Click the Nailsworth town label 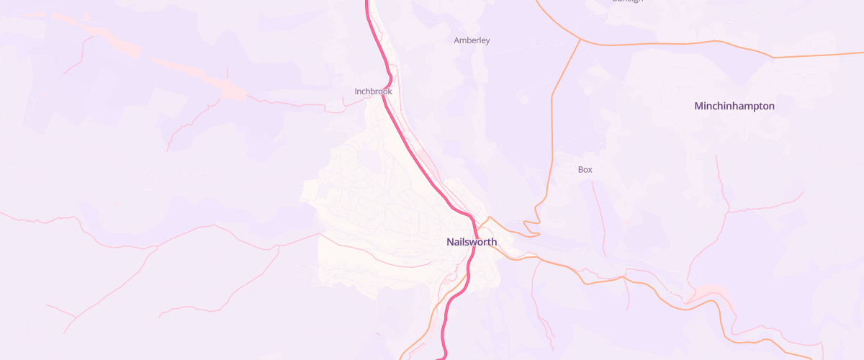(x=472, y=242)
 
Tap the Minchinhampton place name (x=734, y=106)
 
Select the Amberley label (x=472, y=40)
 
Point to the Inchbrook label (x=373, y=91)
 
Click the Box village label (x=585, y=169)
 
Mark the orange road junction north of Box (x=580, y=40)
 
